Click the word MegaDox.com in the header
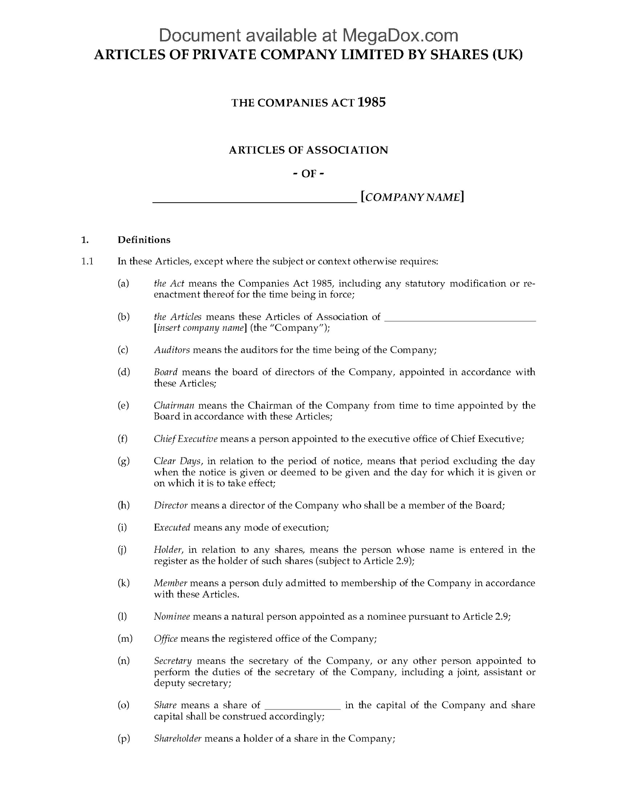(x=400, y=36)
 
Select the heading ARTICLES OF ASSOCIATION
(x=308, y=150)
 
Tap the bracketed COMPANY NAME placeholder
(x=412, y=197)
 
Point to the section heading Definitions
(x=144, y=240)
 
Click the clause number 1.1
(x=87, y=262)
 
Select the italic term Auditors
(x=172, y=350)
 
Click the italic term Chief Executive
(x=186, y=439)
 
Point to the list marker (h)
(x=124, y=506)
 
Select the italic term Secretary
(x=173, y=661)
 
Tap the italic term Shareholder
(x=178, y=739)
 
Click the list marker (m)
(x=125, y=639)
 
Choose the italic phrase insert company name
(x=200, y=328)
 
